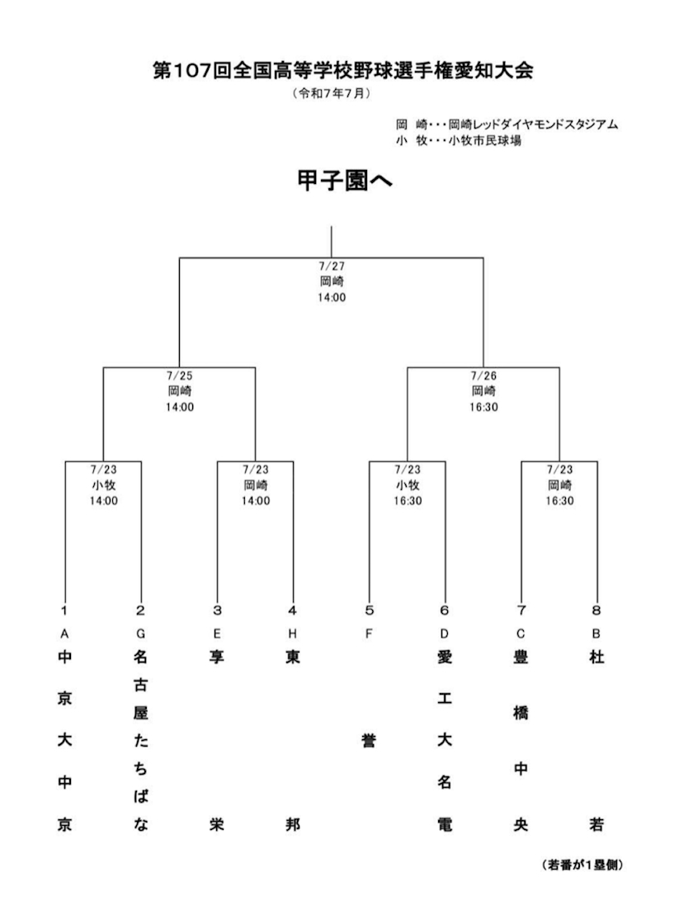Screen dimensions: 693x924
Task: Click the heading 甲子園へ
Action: [x=345, y=181]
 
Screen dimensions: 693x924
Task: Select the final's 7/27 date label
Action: [x=331, y=266]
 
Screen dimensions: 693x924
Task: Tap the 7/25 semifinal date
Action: [x=179, y=376]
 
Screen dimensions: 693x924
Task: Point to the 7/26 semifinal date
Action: [x=483, y=376]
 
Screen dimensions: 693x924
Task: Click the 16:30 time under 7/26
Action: [x=483, y=408]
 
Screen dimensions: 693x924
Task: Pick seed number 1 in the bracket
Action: [x=65, y=610]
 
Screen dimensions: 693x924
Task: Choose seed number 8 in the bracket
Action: [x=596, y=610]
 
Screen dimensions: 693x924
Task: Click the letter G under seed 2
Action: [x=140, y=634]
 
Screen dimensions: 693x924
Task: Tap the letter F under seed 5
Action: [x=369, y=634]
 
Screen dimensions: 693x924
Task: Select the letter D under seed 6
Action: [x=445, y=634]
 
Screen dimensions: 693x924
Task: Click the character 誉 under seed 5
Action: [x=369, y=740]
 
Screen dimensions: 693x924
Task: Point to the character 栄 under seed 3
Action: [x=217, y=824]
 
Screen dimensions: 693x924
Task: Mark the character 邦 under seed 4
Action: [x=293, y=824]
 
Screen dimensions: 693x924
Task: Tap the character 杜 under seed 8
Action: [x=596, y=657]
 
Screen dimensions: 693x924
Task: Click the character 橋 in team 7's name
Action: [x=521, y=713]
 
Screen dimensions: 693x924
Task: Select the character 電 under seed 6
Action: [x=445, y=824]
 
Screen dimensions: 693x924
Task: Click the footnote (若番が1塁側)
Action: [x=582, y=865]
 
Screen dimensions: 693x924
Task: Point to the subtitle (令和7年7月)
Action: [x=332, y=94]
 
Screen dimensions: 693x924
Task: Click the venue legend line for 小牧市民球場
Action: [x=459, y=141]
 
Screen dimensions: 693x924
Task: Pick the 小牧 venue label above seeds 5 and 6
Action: [x=408, y=486]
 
